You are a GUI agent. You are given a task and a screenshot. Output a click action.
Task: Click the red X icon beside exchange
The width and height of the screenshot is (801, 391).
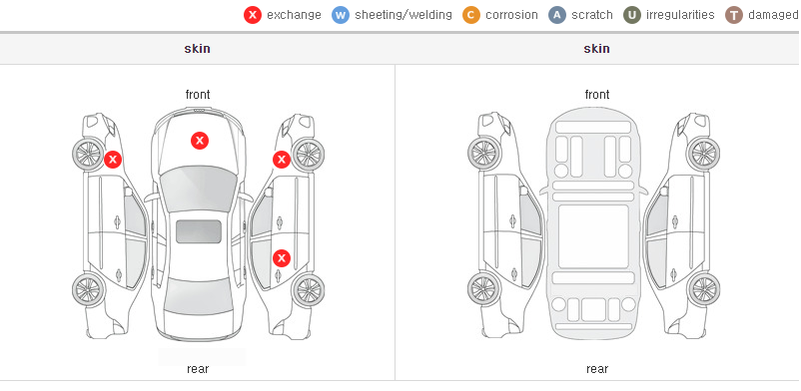point(253,15)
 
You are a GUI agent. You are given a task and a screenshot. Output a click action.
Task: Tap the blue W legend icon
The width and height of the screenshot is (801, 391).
point(341,15)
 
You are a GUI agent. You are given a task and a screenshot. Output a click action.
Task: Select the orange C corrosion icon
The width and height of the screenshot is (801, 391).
point(471,15)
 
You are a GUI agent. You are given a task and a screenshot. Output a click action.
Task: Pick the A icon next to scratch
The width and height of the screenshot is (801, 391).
point(557,15)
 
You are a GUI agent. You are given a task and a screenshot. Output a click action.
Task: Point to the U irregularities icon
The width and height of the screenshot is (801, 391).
point(632,15)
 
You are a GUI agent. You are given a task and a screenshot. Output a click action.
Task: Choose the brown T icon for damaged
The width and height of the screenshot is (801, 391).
point(733,15)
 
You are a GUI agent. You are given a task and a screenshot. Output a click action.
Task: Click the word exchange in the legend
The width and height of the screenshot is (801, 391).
point(294,15)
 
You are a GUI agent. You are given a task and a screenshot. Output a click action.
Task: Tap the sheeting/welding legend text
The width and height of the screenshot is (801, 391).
point(403,15)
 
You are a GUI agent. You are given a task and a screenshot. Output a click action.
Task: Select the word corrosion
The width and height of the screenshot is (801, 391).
point(512,15)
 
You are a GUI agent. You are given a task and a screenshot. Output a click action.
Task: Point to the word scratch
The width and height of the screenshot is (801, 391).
point(592,15)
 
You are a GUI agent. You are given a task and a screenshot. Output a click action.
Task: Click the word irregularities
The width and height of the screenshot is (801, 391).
point(680,15)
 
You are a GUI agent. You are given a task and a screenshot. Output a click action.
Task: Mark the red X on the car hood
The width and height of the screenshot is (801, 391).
point(200,141)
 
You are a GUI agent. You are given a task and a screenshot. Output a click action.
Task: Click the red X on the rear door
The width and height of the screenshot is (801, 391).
point(282,258)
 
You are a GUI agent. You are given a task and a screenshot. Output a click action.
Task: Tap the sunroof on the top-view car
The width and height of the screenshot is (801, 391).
point(199,231)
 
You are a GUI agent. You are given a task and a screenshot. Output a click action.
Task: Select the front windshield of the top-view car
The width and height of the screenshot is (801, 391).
point(198,189)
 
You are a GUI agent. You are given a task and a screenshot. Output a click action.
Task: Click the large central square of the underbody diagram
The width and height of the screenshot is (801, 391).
point(593,236)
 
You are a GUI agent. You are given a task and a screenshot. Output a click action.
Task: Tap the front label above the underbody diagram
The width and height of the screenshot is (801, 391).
point(597,95)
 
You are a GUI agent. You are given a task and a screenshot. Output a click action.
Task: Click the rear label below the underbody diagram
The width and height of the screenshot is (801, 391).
point(597,369)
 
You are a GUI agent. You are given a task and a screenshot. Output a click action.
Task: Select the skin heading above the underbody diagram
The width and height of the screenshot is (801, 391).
point(596,49)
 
